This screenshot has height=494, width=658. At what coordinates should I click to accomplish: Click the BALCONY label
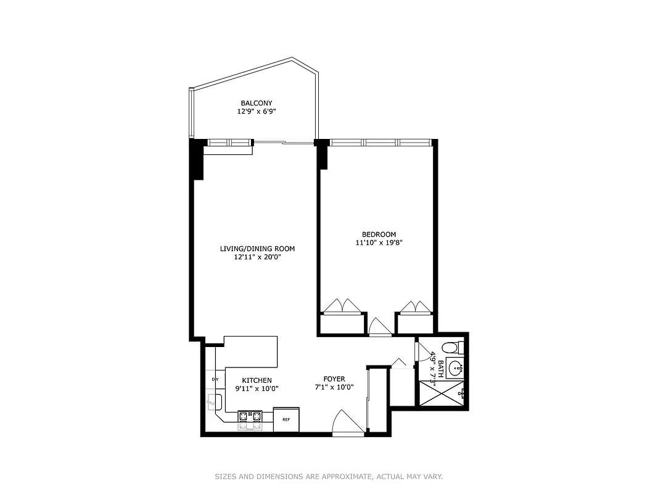click(x=257, y=103)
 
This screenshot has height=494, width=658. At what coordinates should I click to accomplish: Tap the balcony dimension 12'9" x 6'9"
click(x=257, y=112)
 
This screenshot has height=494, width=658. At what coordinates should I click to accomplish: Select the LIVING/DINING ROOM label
click(x=257, y=249)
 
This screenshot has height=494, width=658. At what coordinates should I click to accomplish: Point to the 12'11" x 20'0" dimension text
click(x=257, y=257)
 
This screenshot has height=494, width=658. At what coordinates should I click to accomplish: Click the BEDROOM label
click(x=379, y=234)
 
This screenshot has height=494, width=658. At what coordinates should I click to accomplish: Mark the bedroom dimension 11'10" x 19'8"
click(x=379, y=243)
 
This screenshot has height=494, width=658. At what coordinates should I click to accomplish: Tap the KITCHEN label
click(x=257, y=380)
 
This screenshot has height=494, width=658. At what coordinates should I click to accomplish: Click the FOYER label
click(x=334, y=379)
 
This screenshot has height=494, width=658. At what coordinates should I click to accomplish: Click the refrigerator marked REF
click(x=286, y=419)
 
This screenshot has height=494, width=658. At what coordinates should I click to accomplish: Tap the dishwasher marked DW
click(x=215, y=379)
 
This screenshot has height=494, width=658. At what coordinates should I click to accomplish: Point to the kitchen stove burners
click(x=250, y=419)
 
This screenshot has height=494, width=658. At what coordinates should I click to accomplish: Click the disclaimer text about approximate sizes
click(x=329, y=477)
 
